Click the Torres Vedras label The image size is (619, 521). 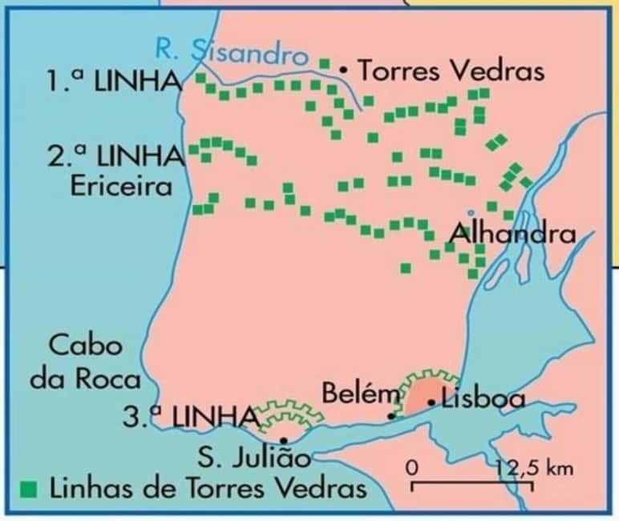click(451, 71)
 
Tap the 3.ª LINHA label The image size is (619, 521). click(191, 417)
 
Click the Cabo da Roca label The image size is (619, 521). click(86, 362)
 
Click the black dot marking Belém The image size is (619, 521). click(390, 415)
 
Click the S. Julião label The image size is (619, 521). click(254, 460)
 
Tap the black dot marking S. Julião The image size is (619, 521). click(285, 440)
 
